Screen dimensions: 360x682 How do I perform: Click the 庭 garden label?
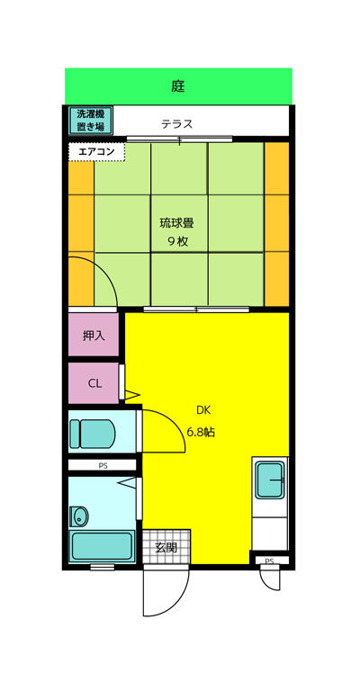coord(177,86)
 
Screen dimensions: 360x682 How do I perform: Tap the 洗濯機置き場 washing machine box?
coord(91,121)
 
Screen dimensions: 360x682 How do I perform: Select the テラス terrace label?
coord(176,124)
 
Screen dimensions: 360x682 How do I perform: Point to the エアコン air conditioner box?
coord(96,152)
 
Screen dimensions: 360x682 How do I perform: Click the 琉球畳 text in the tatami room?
coord(176,223)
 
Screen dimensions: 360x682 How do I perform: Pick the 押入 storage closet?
coord(94,335)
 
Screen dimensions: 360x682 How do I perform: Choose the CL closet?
coord(94,383)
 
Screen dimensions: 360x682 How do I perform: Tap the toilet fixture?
coord(93,434)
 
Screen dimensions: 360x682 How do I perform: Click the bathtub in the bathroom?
coord(103,545)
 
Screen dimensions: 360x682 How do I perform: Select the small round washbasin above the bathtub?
coord(79,516)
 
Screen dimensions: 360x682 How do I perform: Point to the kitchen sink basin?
coord(270,480)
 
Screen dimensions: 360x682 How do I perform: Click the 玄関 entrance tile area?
coord(166,547)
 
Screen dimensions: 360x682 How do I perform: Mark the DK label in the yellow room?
coord(202,409)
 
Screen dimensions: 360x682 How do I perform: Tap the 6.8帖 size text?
coord(201,433)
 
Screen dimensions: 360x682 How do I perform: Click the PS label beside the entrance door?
coord(269,561)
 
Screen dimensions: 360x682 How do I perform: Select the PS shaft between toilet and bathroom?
coord(103,465)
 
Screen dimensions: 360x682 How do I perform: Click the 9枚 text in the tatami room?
coord(177,242)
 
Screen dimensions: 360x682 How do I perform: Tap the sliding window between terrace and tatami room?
coord(179,139)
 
